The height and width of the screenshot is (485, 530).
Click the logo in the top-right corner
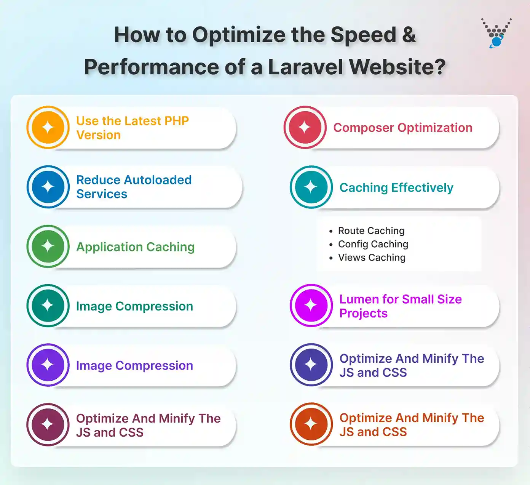pyautogui.click(x=496, y=34)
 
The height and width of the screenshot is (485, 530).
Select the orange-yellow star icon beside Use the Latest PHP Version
pyautogui.click(x=48, y=127)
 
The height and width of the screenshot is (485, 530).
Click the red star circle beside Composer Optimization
pyautogui.click(x=305, y=127)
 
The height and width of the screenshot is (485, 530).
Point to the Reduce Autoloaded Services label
pyautogui.click(x=134, y=187)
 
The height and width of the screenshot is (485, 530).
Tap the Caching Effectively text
pyautogui.click(x=396, y=187)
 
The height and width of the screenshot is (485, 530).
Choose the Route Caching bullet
pyautogui.click(x=371, y=230)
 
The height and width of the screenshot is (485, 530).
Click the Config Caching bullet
pyautogui.click(x=373, y=244)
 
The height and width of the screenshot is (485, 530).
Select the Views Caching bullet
pyautogui.click(x=372, y=258)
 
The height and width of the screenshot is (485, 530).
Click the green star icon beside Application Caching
pyautogui.click(x=48, y=246)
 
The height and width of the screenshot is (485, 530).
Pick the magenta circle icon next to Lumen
pyautogui.click(x=311, y=305)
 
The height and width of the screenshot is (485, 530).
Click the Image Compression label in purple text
pyautogui.click(x=134, y=365)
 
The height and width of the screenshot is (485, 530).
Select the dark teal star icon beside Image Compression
pyautogui.click(x=48, y=306)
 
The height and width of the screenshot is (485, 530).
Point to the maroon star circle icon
pyautogui.click(x=48, y=424)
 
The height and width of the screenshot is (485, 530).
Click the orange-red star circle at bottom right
pyautogui.click(x=311, y=424)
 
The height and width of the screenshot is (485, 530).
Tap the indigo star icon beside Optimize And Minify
pyautogui.click(x=311, y=365)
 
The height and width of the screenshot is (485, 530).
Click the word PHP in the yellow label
pyautogui.click(x=176, y=121)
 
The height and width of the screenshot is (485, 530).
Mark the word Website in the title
pyautogui.click(x=397, y=67)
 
